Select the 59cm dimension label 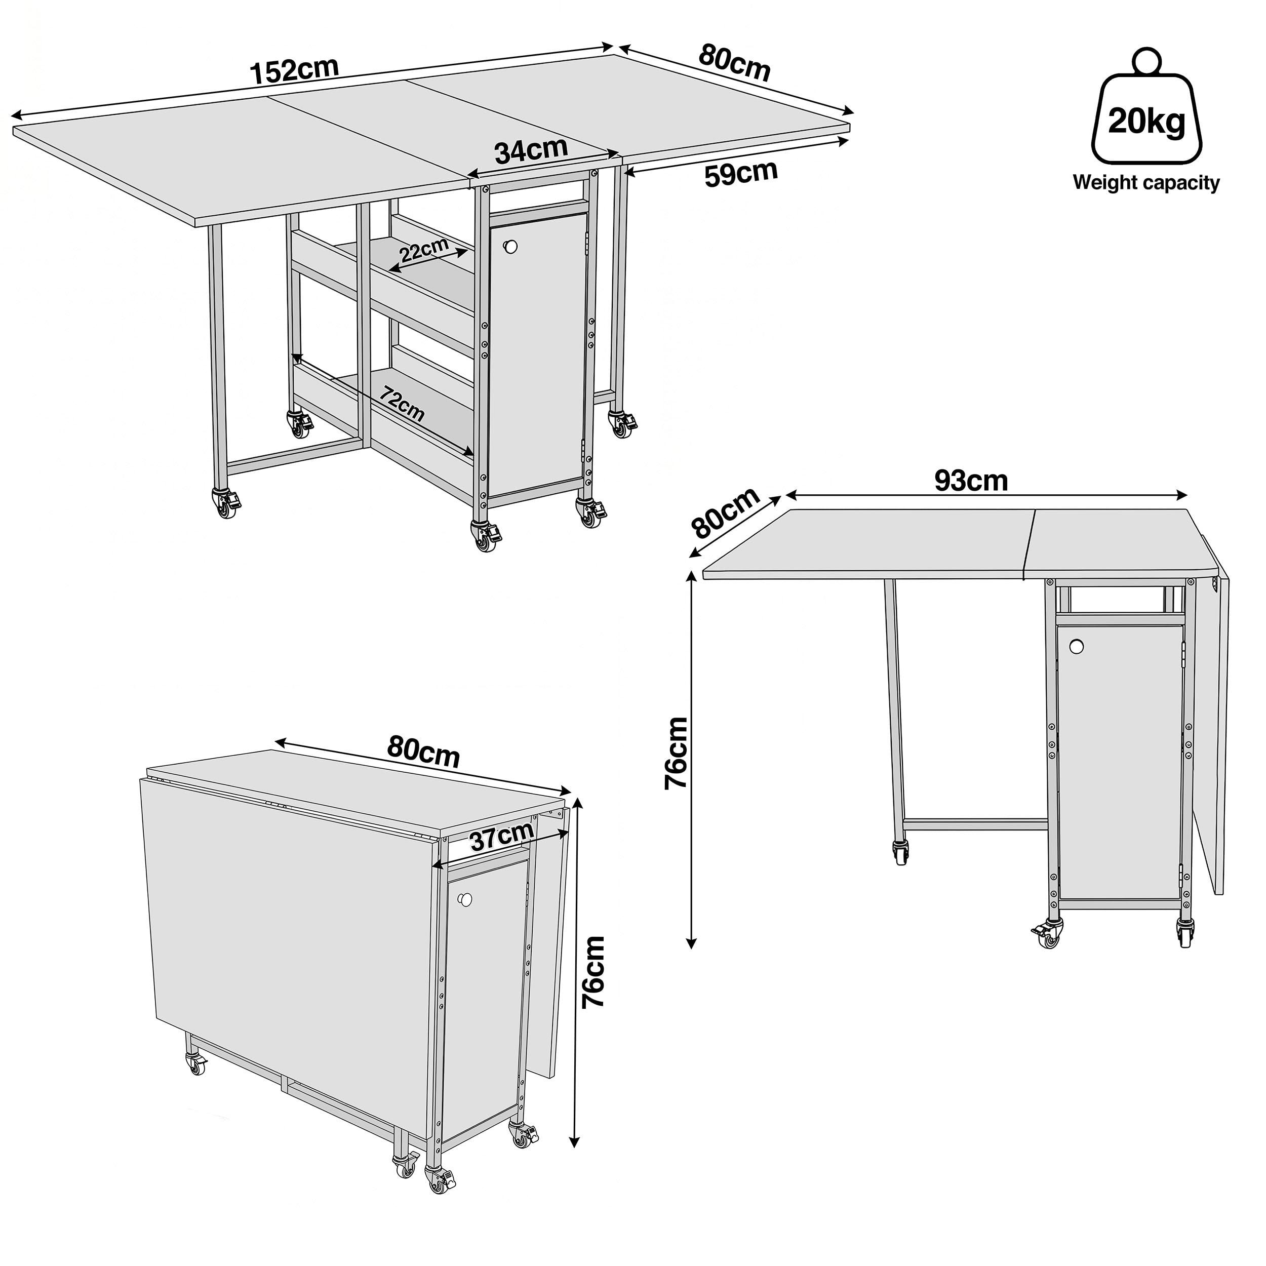tap(741, 174)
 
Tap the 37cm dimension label tap(502, 838)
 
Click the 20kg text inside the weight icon tap(1146, 122)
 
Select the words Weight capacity tap(1146, 182)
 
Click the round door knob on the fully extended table tap(509, 247)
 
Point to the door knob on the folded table tap(466, 900)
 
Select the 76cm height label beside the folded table tap(594, 972)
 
